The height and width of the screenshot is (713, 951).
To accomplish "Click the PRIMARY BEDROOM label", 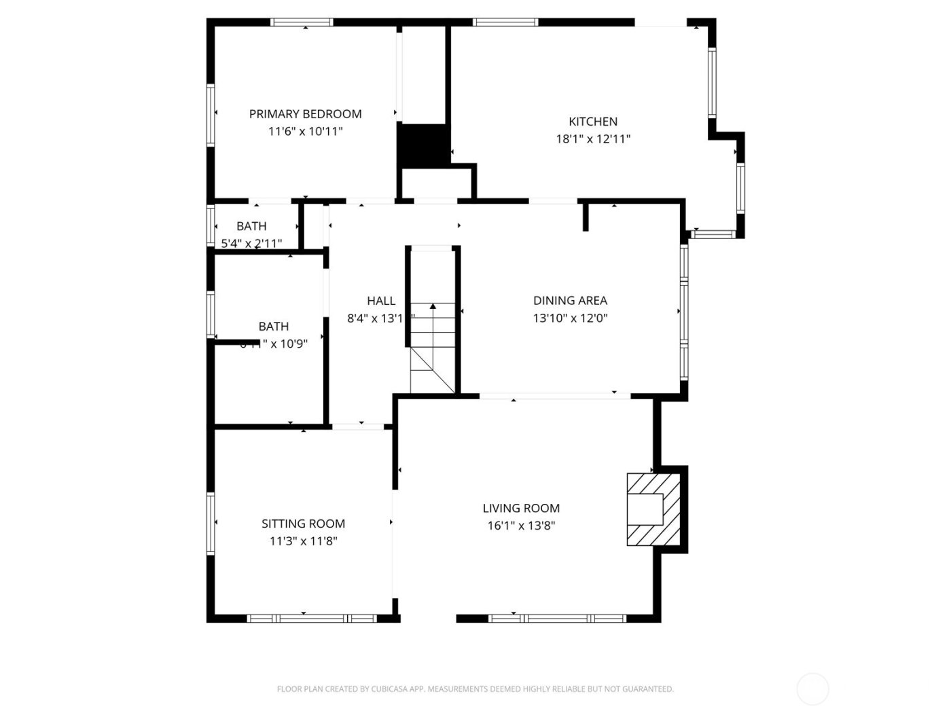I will [305, 114].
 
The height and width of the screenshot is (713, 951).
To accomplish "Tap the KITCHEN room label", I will [593, 122].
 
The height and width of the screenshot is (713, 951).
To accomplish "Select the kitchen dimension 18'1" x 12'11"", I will [593, 139].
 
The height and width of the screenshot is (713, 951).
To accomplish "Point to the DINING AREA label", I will [570, 300].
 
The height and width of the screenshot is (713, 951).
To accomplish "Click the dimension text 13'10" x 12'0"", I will [570, 318].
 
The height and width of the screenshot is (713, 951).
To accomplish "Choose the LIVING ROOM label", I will [521, 508].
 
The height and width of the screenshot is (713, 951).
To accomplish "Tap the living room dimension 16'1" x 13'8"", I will [521, 526].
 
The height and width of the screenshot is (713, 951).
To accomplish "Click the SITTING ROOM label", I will [303, 524].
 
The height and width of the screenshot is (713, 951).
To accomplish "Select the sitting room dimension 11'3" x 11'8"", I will [303, 541].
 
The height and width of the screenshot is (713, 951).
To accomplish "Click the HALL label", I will [381, 301].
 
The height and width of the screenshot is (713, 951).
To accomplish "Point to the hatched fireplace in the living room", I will [653, 509].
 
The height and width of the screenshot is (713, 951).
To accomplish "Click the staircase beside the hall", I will [433, 346].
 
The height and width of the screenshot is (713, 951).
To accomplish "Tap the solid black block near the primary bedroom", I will [423, 145].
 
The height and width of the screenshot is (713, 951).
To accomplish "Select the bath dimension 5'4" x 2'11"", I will [251, 243].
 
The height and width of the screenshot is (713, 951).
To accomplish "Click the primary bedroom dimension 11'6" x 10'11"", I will [305, 132].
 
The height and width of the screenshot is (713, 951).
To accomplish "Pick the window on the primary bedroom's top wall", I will [302, 22].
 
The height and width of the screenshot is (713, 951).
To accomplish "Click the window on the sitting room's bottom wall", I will [311, 619].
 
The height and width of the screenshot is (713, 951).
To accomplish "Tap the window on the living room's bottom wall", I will [557, 619].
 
